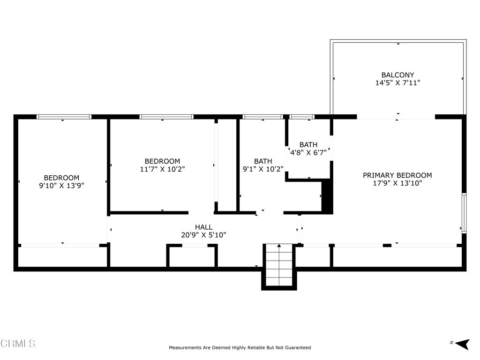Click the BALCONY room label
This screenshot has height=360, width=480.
point(397,75)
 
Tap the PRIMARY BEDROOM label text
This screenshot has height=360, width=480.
point(397,175)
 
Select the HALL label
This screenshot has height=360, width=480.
point(204,227)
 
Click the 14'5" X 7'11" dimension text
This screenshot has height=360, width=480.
point(397,83)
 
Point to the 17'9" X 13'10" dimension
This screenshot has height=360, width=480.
point(397,183)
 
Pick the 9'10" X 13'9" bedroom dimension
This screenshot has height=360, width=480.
point(61,186)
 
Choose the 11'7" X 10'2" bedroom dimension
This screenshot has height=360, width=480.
point(162,169)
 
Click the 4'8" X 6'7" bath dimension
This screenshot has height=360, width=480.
point(308,152)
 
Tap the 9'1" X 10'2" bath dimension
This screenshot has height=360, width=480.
point(263,169)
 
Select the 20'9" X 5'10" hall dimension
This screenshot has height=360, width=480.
point(204,235)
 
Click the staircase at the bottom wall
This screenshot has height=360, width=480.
point(279,265)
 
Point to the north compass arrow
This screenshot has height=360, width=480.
point(462,344)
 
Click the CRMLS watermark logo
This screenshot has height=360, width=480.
point(18,344)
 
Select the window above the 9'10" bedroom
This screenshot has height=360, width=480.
point(64,117)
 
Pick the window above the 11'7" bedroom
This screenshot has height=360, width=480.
point(166,117)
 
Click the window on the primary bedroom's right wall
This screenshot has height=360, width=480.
point(464,213)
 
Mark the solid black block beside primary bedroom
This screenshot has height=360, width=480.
point(327,196)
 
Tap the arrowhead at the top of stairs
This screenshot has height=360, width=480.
point(279,246)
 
